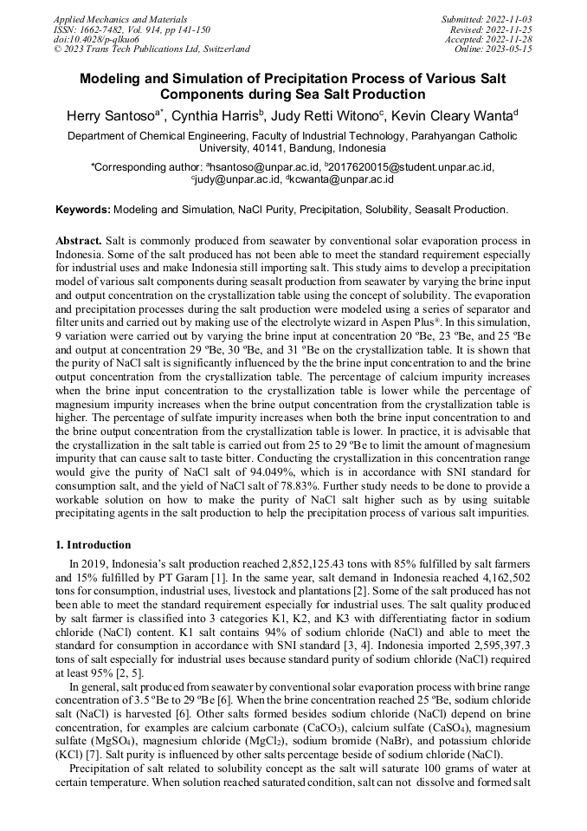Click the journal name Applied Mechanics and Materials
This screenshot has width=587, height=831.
pos(120,18)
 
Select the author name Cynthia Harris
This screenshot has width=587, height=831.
pos(221,115)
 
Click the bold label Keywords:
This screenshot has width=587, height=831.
pos(83,211)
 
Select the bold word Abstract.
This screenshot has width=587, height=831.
pos(80,240)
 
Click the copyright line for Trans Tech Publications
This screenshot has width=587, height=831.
pos(152,49)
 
